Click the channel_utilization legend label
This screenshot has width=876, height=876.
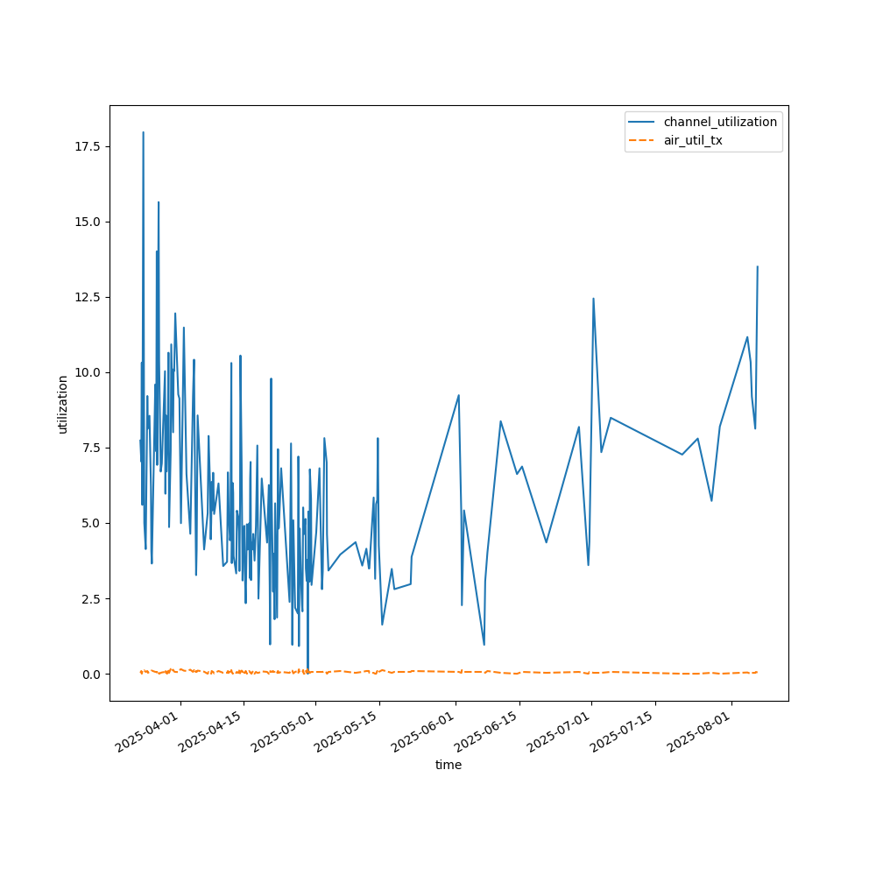(720, 122)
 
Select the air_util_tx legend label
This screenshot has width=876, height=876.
(693, 140)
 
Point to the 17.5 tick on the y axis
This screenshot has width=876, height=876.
(88, 146)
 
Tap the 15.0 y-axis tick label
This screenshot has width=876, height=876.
(88, 222)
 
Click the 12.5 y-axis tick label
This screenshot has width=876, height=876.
(88, 297)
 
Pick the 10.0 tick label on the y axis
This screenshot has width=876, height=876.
(88, 372)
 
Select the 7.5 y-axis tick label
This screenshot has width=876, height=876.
(91, 448)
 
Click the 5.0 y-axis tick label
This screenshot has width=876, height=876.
(91, 523)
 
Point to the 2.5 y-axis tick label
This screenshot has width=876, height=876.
(91, 598)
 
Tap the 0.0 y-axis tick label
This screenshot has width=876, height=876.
(91, 674)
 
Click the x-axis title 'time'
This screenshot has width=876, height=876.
(449, 765)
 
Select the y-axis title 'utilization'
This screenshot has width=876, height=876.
(62, 404)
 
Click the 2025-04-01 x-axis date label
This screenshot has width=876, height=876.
(147, 732)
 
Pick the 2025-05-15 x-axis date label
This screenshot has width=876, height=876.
(346, 732)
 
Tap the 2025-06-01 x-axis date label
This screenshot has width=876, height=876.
(422, 732)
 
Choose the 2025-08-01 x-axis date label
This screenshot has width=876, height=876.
(698, 732)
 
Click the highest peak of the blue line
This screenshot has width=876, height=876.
(143, 132)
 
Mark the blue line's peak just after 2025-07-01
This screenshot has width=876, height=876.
(593, 299)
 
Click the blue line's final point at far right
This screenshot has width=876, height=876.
(758, 266)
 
